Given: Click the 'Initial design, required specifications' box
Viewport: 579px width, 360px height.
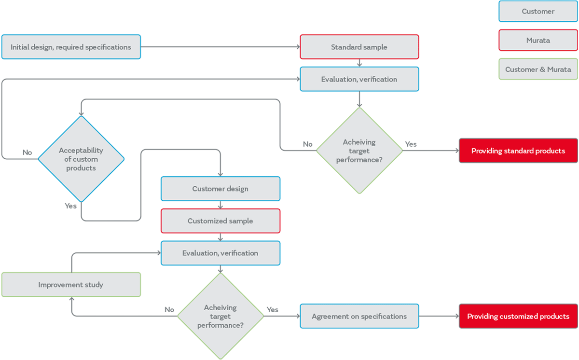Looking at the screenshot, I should click(x=71, y=47).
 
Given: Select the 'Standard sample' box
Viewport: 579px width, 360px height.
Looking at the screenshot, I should click(x=359, y=47).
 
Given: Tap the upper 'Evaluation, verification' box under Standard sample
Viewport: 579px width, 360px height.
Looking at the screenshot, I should click(x=359, y=79).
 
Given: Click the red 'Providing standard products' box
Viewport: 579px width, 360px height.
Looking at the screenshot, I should click(x=518, y=151).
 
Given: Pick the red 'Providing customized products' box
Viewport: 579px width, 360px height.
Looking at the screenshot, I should click(x=518, y=317).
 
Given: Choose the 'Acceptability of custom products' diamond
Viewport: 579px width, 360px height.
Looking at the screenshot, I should click(x=81, y=159).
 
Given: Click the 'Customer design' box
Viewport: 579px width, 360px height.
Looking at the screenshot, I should click(x=220, y=189).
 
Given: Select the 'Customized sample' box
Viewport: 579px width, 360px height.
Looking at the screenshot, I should click(x=220, y=221).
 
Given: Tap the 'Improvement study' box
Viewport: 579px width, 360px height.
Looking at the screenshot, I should click(x=71, y=285).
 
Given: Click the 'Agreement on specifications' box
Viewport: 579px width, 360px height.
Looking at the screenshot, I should click(x=359, y=317).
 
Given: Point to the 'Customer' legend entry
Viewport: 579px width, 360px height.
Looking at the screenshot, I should click(x=538, y=11).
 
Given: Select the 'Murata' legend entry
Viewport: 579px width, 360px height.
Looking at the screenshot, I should click(x=538, y=41).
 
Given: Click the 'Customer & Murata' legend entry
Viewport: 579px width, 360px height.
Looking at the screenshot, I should click(x=538, y=69).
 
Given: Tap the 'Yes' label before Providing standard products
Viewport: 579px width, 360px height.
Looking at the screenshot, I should click(x=411, y=144).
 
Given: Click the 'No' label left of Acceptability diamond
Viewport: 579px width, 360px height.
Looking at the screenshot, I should click(x=27, y=152).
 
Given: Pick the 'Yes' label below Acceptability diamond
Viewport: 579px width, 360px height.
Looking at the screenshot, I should click(x=70, y=206).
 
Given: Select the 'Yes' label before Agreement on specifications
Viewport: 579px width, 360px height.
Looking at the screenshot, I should click(x=272, y=309).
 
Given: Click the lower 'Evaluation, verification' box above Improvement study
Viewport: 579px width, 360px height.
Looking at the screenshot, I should click(x=220, y=253).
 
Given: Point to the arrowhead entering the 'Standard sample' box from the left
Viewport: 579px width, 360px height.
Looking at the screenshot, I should click(x=297, y=47).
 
